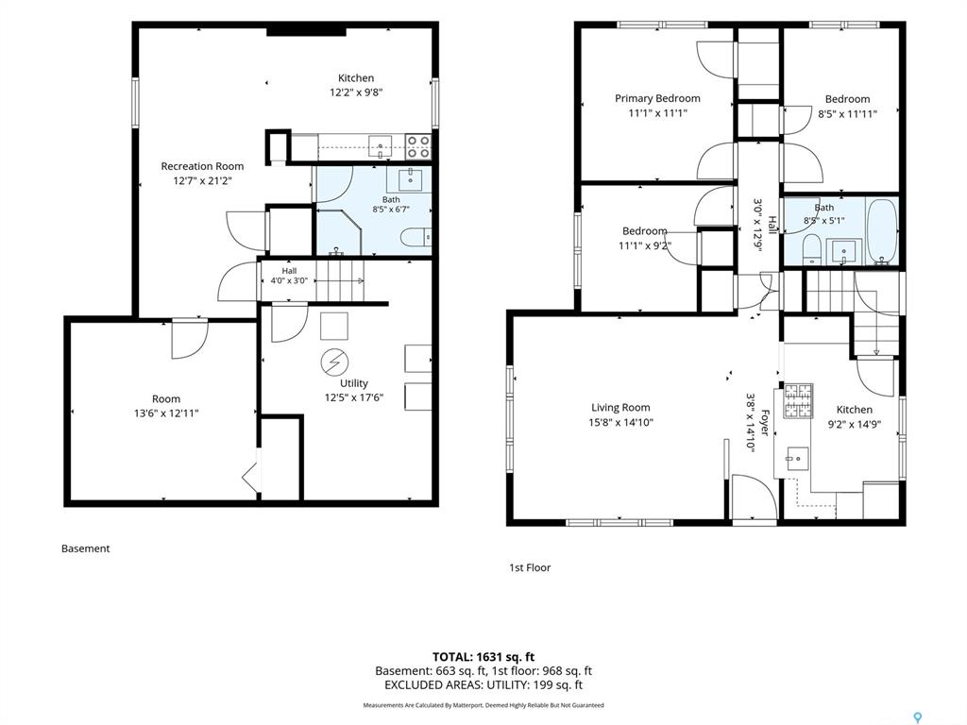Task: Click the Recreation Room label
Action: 202,166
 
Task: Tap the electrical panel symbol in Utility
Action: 335,362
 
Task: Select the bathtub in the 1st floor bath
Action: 882,232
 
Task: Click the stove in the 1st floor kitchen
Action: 798,401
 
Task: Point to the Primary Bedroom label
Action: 657,98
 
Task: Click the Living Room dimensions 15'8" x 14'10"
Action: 621,422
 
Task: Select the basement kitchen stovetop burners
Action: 418,146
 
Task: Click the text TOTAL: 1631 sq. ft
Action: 483,657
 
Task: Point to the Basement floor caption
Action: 86,548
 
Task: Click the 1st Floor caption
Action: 530,567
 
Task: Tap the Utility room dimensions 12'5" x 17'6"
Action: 354,397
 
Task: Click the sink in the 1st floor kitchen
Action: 797,459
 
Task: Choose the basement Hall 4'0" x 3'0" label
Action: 289,276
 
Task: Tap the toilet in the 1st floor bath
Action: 811,250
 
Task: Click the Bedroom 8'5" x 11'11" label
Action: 847,99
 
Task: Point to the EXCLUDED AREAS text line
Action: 483,685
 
